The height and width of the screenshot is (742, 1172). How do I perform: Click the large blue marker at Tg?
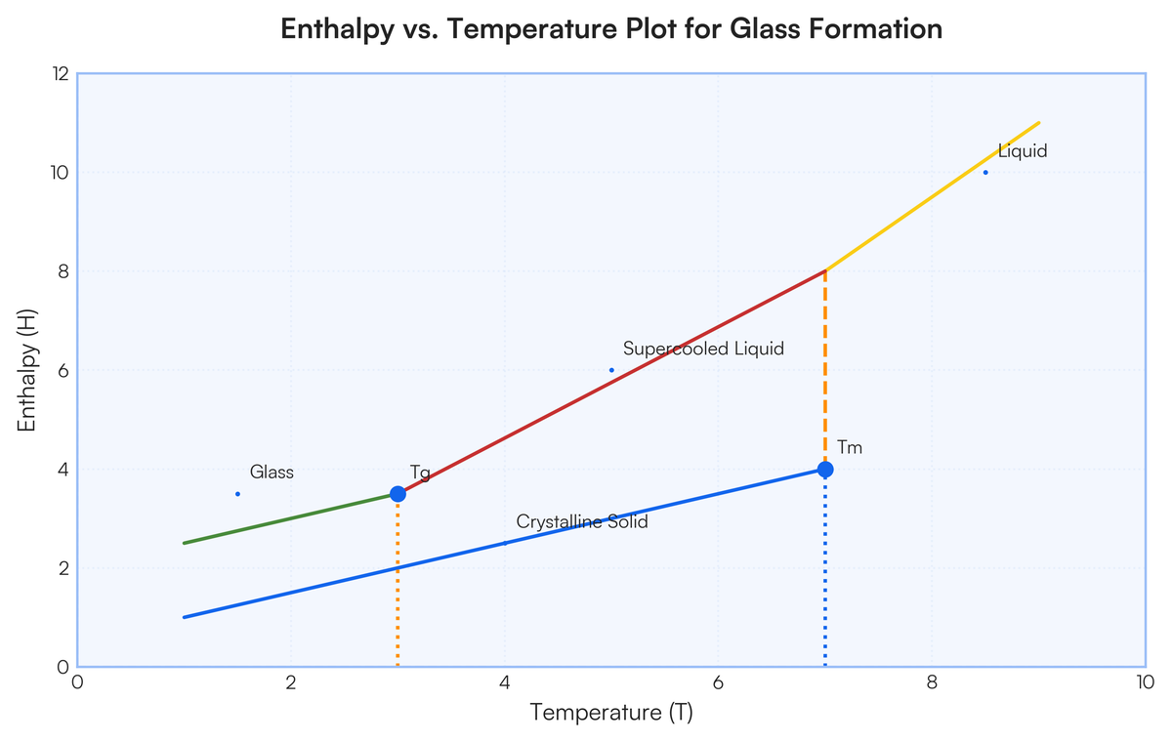[x=398, y=494]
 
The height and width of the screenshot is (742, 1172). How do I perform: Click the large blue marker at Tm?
[x=825, y=470]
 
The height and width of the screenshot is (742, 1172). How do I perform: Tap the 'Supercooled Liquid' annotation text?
[x=703, y=349]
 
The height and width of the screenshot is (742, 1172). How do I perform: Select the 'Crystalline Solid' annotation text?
[x=582, y=522]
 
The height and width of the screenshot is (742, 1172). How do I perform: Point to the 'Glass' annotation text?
[x=272, y=473]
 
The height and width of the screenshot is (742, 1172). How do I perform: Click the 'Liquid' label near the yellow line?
[x=1023, y=151]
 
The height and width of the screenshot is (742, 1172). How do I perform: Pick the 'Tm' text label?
[x=850, y=448]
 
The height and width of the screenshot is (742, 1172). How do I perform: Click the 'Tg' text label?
[x=420, y=474]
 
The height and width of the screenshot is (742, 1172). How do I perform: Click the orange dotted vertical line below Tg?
[x=398, y=586]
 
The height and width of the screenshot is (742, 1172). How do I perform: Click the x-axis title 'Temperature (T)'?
[x=611, y=713]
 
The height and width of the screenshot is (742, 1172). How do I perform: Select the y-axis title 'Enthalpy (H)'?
[x=26, y=370]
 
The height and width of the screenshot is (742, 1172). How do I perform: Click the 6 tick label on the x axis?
[x=718, y=681]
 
